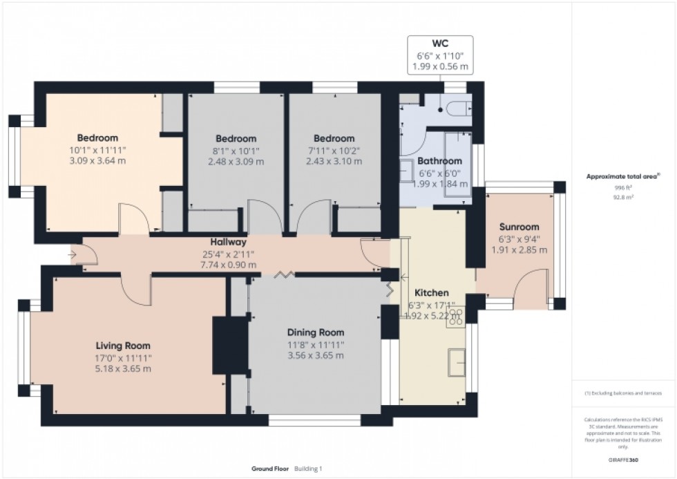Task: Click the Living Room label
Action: click(x=123, y=346)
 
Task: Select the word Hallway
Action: click(x=229, y=243)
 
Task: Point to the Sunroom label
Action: click(x=519, y=227)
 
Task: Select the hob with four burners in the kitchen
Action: click(x=455, y=317)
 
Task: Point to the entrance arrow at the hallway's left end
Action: click(x=74, y=254)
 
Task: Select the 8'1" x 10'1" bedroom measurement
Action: click(x=235, y=150)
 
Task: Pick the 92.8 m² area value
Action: click(x=624, y=197)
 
